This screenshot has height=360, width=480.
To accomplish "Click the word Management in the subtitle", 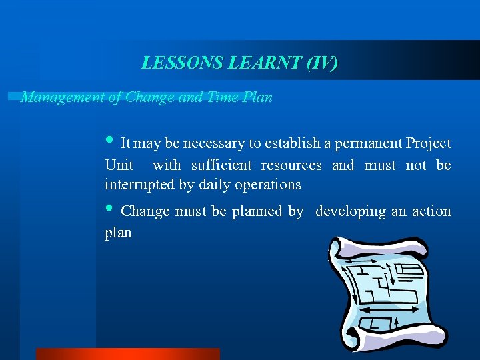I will [62, 97].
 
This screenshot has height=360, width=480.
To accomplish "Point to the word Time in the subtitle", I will [223, 97].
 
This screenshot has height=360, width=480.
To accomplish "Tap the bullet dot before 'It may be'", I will [110, 141].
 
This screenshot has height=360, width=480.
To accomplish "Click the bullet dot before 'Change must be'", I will [110, 209].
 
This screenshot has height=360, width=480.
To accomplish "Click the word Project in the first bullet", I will [429, 143].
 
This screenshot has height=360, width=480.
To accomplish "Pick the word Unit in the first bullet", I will [119, 165].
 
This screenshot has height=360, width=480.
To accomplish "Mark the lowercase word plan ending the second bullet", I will [118, 233].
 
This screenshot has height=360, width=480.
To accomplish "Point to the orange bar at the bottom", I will [127, 354].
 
